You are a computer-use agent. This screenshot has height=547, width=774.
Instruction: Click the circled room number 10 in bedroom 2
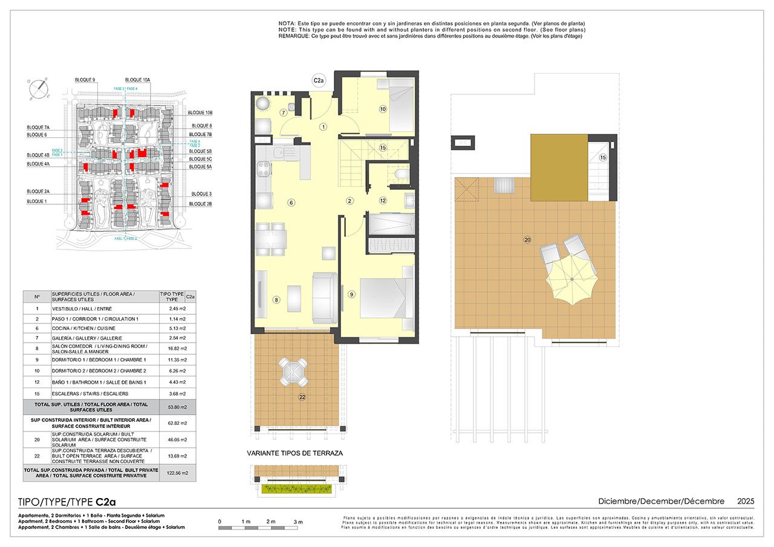[x=383, y=109]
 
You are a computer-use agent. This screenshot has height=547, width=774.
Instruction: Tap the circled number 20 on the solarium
[x=527, y=240]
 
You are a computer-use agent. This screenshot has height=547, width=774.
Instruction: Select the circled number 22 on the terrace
[x=302, y=397]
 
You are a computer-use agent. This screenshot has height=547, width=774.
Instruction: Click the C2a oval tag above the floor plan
[x=319, y=80]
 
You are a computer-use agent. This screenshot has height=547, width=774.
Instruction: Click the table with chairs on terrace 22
[x=292, y=371]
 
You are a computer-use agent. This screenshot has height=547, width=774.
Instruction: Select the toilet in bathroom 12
[x=398, y=176]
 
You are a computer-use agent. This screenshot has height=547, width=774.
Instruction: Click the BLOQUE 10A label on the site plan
[x=138, y=80]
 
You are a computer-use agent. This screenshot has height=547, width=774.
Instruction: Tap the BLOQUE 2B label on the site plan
[x=201, y=204]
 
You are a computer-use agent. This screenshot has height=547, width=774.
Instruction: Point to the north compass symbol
[x=39, y=89]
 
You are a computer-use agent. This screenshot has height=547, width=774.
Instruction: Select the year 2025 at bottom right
[x=746, y=501]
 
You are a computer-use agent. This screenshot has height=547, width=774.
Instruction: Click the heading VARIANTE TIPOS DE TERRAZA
[x=295, y=453]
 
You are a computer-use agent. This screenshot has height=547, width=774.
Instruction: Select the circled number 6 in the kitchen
[x=291, y=202]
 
